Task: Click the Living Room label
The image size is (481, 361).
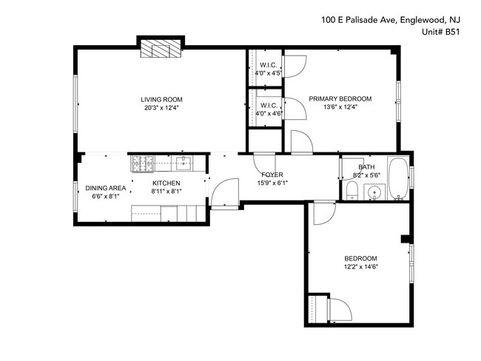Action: (161, 99)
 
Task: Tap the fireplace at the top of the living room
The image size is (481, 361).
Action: (161, 48)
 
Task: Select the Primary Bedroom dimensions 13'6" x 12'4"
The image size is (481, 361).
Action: (340, 107)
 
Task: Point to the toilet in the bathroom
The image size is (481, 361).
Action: (351, 190)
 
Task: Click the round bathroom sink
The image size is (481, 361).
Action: (374, 192)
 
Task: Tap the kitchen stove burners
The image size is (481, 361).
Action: (143, 163)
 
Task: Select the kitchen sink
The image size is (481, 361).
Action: (184, 163)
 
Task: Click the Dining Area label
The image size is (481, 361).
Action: (106, 188)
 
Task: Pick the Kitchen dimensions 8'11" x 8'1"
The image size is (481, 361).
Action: (166, 192)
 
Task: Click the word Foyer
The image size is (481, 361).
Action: (272, 175)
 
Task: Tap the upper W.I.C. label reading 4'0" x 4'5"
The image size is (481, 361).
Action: (269, 73)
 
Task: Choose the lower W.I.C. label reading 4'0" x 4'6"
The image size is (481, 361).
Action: (269, 113)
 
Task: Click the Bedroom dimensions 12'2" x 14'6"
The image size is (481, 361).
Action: (361, 266)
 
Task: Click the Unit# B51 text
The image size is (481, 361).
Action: (441, 32)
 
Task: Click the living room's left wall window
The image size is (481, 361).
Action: (75, 104)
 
